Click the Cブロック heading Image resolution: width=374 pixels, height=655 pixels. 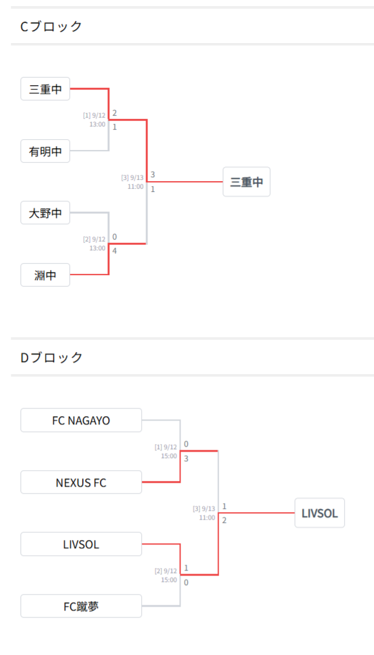click(x=51, y=26)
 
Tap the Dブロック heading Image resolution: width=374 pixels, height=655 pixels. click(x=52, y=357)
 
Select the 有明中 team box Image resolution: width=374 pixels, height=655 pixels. click(x=45, y=151)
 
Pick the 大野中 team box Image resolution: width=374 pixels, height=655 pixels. click(x=45, y=213)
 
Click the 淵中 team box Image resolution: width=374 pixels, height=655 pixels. click(x=45, y=274)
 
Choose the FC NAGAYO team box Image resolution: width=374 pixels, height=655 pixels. click(x=81, y=420)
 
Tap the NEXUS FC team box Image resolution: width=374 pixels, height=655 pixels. click(x=81, y=482)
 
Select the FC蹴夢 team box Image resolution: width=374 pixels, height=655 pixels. click(x=81, y=605)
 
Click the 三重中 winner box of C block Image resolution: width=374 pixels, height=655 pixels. click(x=246, y=182)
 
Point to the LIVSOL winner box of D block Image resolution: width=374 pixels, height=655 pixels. click(x=319, y=513)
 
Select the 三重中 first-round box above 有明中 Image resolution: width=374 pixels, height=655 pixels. click(x=45, y=88)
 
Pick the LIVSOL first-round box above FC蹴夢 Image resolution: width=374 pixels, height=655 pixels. click(x=81, y=544)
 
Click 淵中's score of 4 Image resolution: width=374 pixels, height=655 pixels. click(x=114, y=251)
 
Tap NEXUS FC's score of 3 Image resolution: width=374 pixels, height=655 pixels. click(x=186, y=459)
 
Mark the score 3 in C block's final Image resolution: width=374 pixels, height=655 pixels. click(x=153, y=174)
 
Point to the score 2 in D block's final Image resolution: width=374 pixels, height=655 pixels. click(x=225, y=520)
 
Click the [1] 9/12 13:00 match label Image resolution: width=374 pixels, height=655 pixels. click(x=94, y=119)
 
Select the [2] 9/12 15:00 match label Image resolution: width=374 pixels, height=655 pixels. click(x=165, y=575)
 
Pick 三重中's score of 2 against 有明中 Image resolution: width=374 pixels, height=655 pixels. click(x=114, y=113)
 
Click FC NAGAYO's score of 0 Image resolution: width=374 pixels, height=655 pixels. click(x=186, y=443)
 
